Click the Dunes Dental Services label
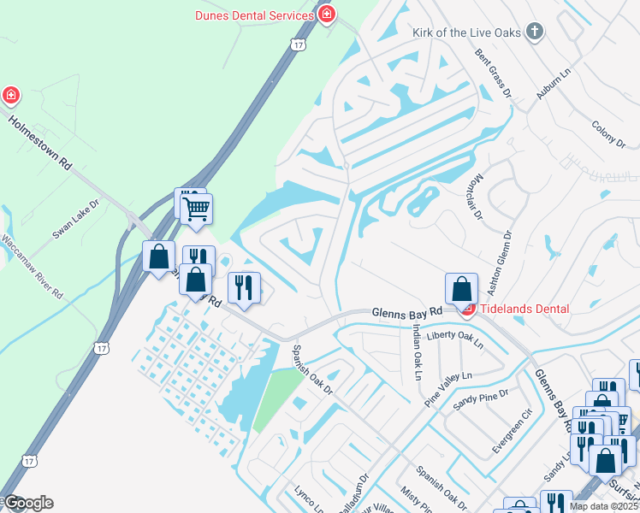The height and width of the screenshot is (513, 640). [x=254, y=15]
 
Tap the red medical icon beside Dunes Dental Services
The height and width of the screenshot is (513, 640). [x=326, y=15]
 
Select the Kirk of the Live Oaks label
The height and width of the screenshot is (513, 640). [x=465, y=32]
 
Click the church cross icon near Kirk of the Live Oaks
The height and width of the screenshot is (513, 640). [x=535, y=32]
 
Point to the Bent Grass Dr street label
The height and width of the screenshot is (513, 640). [x=493, y=73]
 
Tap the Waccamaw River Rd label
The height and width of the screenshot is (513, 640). [x=32, y=266]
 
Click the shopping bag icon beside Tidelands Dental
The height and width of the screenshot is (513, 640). [x=462, y=288]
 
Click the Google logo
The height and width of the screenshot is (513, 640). [x=27, y=503]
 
